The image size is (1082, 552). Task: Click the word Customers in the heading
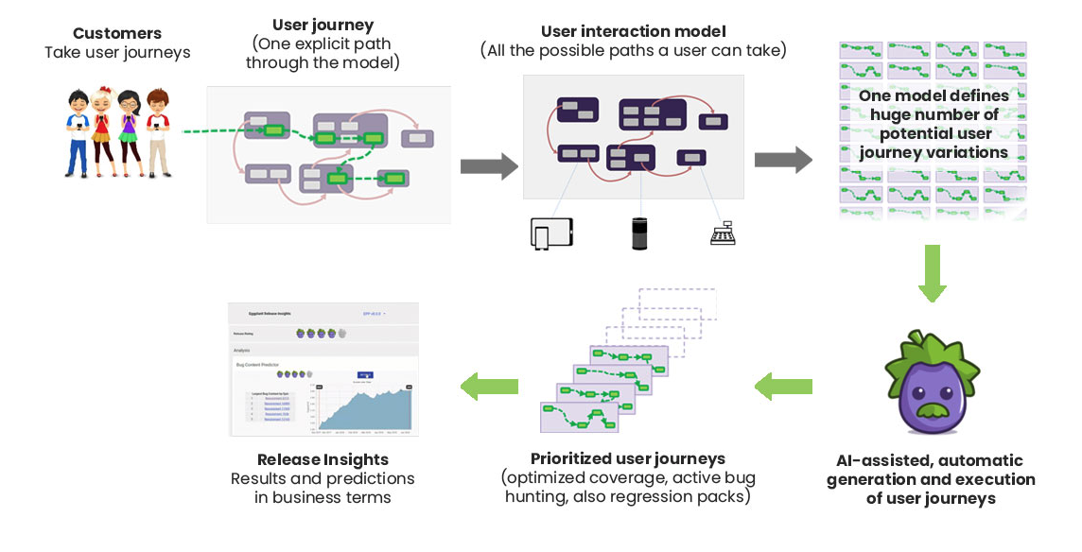(117, 33)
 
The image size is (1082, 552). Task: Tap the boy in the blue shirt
(79, 132)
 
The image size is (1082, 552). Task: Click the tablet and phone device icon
(552, 233)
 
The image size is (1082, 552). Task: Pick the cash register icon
(724, 233)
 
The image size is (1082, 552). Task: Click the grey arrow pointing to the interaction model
(489, 166)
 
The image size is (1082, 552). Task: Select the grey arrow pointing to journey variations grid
(783, 159)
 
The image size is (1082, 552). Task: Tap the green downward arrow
(933, 273)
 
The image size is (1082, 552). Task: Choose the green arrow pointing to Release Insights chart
(489, 385)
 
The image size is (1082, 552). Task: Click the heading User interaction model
(633, 32)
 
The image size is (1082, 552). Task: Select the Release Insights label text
(323, 459)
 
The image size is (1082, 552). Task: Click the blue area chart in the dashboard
(369, 406)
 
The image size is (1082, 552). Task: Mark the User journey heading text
(323, 26)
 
